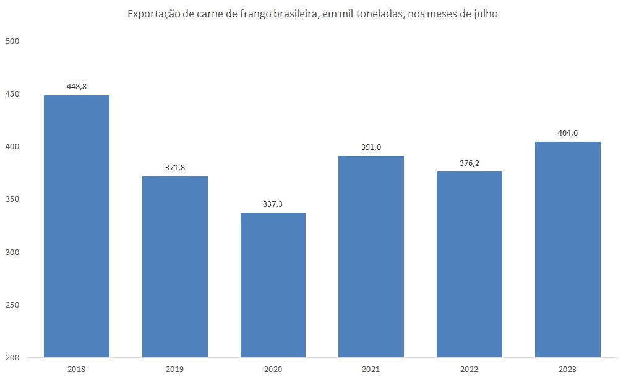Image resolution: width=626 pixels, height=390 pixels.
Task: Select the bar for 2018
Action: tap(77, 226)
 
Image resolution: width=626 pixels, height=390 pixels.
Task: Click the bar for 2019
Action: tap(175, 267)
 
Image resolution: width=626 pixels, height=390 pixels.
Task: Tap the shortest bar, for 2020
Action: tap(273, 285)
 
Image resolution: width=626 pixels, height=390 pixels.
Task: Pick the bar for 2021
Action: tap(371, 256)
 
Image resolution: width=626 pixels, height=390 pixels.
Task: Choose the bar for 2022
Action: tap(469, 264)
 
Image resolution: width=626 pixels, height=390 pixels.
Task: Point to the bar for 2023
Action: tap(567, 249)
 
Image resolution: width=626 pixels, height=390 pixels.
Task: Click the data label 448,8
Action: tap(77, 87)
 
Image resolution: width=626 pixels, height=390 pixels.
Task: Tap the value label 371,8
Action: tap(175, 168)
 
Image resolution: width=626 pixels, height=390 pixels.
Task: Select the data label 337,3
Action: tap(273, 204)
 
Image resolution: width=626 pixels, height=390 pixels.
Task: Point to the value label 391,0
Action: tap(371, 147)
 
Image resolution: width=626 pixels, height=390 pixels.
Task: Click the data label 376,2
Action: tap(469, 163)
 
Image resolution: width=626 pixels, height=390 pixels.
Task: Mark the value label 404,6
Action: tap(567, 133)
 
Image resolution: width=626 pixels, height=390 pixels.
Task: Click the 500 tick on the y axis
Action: tap(13, 41)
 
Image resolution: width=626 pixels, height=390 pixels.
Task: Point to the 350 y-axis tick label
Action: tap(13, 199)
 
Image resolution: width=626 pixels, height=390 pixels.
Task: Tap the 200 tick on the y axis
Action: tap(13, 358)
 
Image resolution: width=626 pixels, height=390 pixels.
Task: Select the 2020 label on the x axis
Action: tap(273, 370)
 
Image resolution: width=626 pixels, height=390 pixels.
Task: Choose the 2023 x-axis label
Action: tap(567, 370)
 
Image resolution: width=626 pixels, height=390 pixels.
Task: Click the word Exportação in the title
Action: tap(152, 14)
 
